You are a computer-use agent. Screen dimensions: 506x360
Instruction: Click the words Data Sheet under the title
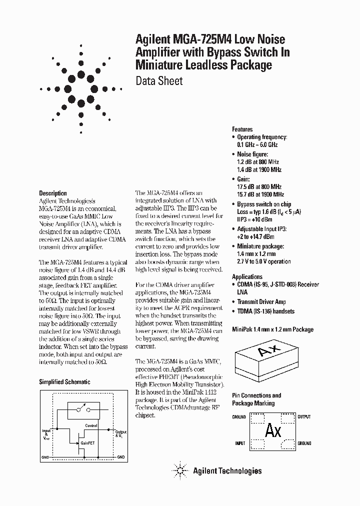[159, 81]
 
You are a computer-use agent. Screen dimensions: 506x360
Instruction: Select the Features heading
[242, 129]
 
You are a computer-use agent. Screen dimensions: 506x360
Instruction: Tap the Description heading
[52, 193]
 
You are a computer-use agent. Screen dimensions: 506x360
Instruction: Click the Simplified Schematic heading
[64, 381]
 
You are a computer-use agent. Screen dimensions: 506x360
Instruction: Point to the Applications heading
[247, 276]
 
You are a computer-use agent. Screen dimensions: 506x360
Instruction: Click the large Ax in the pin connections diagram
[273, 430]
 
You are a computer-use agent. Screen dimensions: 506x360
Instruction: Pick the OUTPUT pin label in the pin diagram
[304, 416]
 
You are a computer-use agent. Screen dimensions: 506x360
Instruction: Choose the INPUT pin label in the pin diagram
[240, 443]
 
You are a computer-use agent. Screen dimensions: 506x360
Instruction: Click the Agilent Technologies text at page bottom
[227, 470]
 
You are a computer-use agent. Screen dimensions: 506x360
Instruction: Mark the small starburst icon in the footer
[180, 470]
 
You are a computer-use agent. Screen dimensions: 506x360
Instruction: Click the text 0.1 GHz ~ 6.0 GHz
[257, 144]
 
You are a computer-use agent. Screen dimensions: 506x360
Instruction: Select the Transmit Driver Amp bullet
[261, 302]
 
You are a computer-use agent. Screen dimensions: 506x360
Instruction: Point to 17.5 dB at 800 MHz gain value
[260, 186]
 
